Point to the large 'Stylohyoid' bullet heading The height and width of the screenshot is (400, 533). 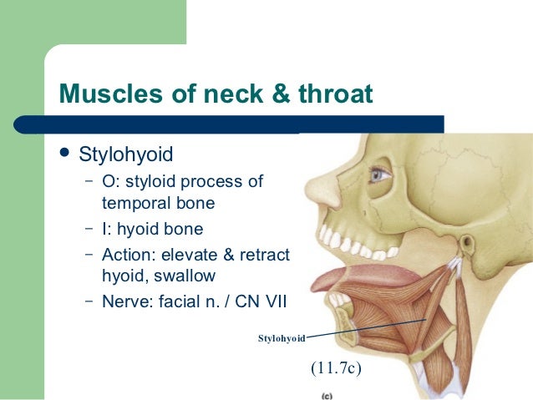[127, 155]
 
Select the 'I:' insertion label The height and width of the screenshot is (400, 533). [108, 228]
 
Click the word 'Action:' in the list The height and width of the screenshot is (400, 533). [128, 254]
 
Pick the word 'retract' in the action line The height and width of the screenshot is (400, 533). [263, 254]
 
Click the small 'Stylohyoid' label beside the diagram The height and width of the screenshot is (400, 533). [282, 338]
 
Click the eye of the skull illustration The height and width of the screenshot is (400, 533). [380, 176]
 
